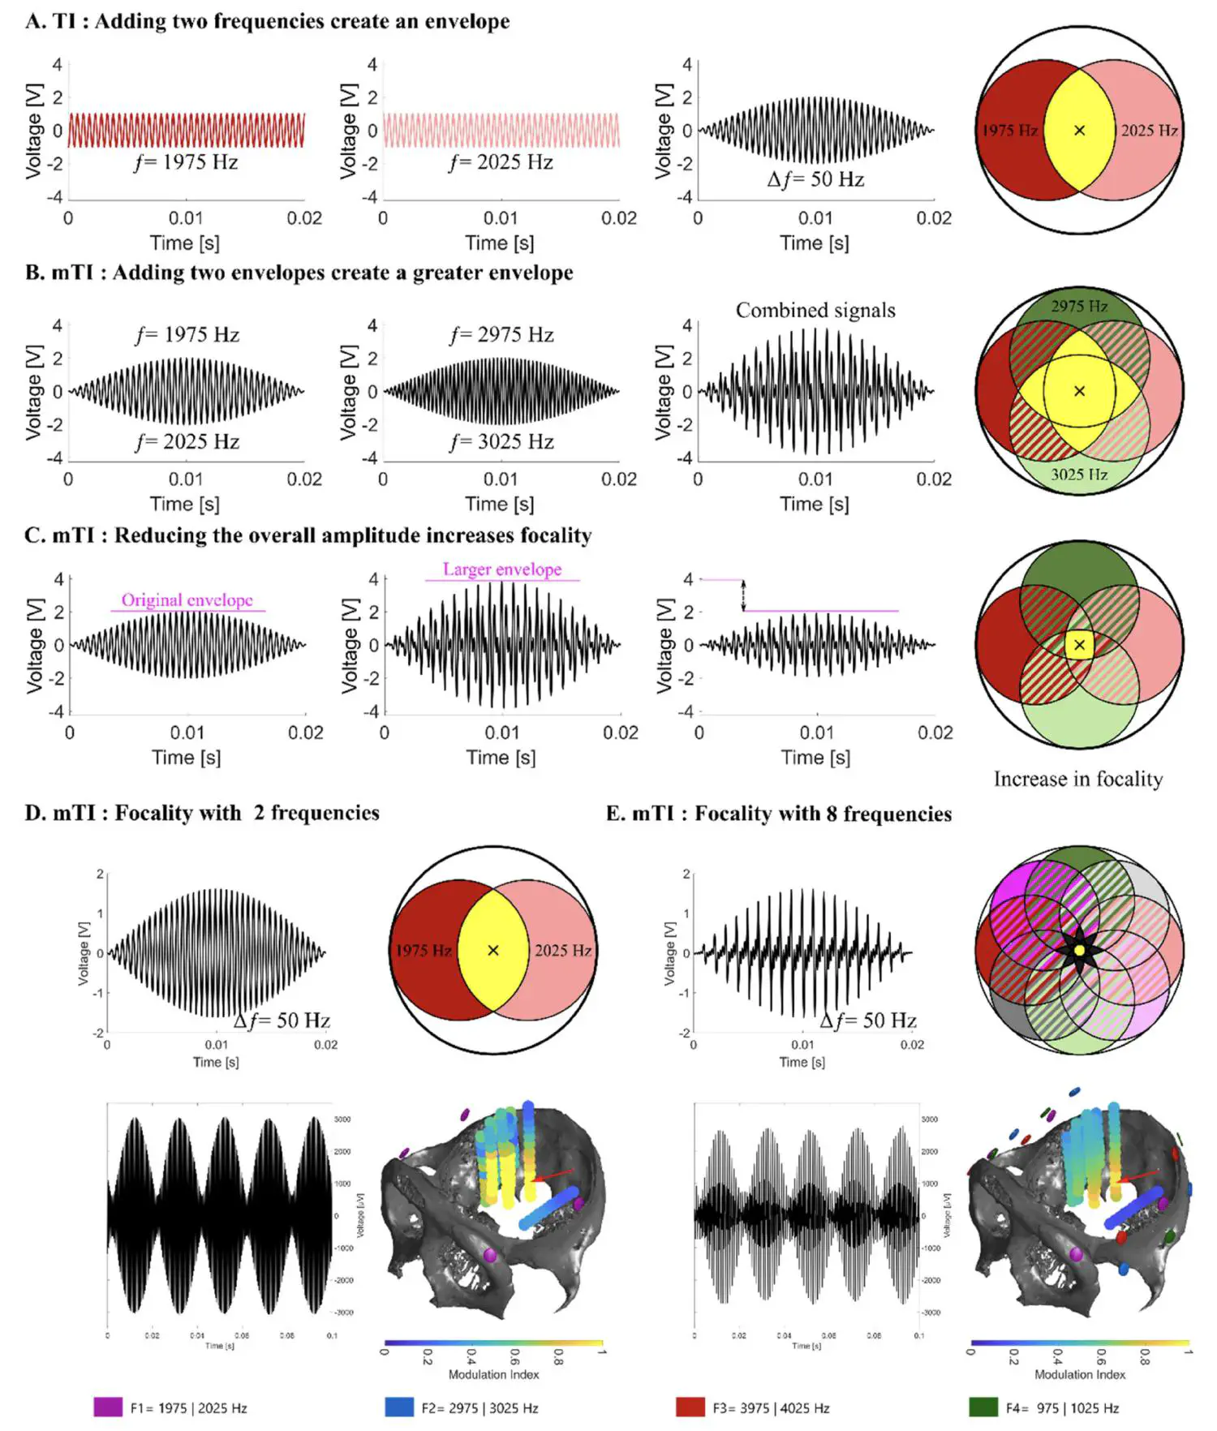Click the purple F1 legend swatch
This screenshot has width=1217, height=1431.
coord(108,1407)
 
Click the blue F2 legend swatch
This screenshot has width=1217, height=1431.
coord(399,1407)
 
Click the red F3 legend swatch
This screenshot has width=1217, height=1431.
coord(690,1407)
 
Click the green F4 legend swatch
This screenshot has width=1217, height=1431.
coord(983,1407)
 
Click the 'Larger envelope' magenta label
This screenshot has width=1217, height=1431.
coord(502,569)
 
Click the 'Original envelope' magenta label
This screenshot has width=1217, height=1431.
coord(187,600)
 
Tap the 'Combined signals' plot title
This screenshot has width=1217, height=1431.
coord(815,311)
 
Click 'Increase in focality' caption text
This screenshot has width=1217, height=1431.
coord(1078,780)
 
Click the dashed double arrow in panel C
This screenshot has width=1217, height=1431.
coord(743,595)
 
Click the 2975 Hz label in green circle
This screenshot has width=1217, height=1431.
coord(1079,307)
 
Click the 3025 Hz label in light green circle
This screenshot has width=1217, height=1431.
coord(1079,475)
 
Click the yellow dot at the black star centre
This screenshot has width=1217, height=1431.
coord(1079,950)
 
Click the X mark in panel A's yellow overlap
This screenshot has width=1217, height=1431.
coord(1079,131)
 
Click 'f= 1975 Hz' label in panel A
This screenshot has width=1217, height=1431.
coord(187,162)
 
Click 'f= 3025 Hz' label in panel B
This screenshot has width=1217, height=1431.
coord(501,442)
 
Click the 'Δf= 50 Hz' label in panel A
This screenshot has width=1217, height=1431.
coord(815,180)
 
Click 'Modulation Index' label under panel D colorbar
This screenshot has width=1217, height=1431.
coord(493,1374)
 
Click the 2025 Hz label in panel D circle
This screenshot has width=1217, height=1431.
coord(562,951)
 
